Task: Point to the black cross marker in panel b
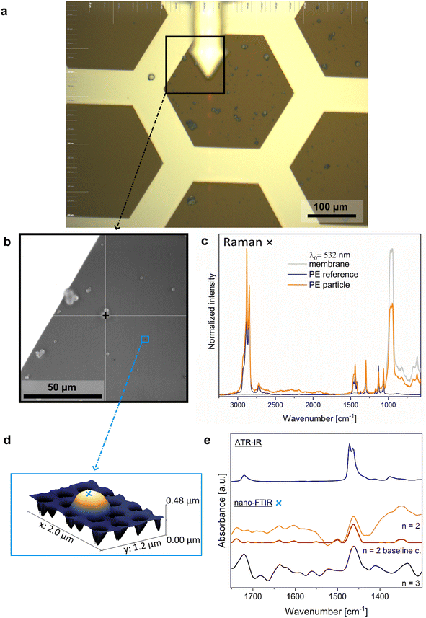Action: (x=105, y=315)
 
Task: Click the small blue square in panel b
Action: (x=145, y=339)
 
